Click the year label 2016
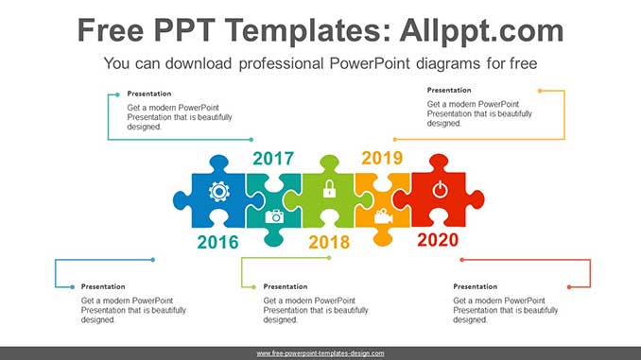coord(217,242)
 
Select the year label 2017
coord(273,159)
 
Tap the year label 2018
coord(329,242)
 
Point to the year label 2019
coord(382,158)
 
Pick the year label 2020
coord(438,240)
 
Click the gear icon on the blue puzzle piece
coord(219,191)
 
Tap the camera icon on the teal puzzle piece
coord(274,216)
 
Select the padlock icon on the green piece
coord(329,189)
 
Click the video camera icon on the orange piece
coord(383,216)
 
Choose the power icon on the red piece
coord(440,190)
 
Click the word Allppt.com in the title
coord(481,30)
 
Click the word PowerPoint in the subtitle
coord(369,63)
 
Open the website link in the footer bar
coord(320,353)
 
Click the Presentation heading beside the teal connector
coord(149,94)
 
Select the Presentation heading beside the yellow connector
coord(449,90)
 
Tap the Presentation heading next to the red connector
coord(475,286)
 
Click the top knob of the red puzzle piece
coord(439,162)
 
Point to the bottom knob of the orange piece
coord(383,237)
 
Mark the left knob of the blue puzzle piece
coord(182,200)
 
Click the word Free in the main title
coord(111,30)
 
